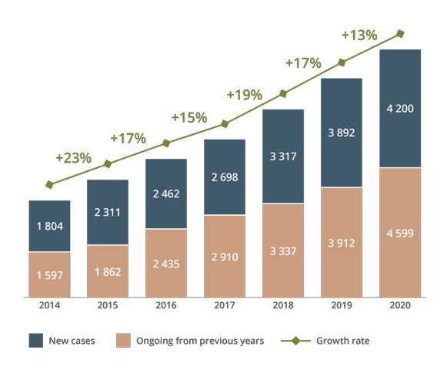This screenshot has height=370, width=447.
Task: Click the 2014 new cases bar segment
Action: (x=49, y=226)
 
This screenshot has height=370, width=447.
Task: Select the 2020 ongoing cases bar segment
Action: (x=400, y=233)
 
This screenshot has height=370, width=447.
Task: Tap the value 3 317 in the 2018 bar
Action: (x=283, y=156)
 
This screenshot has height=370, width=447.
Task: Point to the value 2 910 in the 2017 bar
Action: (x=225, y=257)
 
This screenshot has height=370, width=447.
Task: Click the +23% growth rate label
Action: (x=74, y=158)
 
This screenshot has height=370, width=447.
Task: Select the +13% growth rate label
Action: (x=359, y=35)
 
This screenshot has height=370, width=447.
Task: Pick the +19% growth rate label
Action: (x=245, y=95)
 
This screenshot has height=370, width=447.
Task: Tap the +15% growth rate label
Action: (x=189, y=117)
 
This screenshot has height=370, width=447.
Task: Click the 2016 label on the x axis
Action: (x=166, y=305)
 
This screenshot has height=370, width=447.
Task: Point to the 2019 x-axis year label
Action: (x=342, y=305)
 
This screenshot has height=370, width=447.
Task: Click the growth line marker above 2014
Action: (x=49, y=184)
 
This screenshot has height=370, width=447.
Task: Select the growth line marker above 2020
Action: (x=400, y=34)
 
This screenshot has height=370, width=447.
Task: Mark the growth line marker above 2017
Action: (x=225, y=124)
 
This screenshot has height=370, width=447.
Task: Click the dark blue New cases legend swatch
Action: (x=36, y=340)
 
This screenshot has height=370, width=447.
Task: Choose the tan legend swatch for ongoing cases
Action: (x=123, y=340)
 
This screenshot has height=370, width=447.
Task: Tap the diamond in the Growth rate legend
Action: (x=296, y=341)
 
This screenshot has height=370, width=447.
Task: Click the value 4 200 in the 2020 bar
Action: (x=400, y=109)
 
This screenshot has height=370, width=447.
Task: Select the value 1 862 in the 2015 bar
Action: (x=108, y=272)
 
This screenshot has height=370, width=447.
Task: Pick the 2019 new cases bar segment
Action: (x=342, y=133)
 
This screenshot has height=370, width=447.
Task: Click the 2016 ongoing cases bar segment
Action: (x=166, y=264)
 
